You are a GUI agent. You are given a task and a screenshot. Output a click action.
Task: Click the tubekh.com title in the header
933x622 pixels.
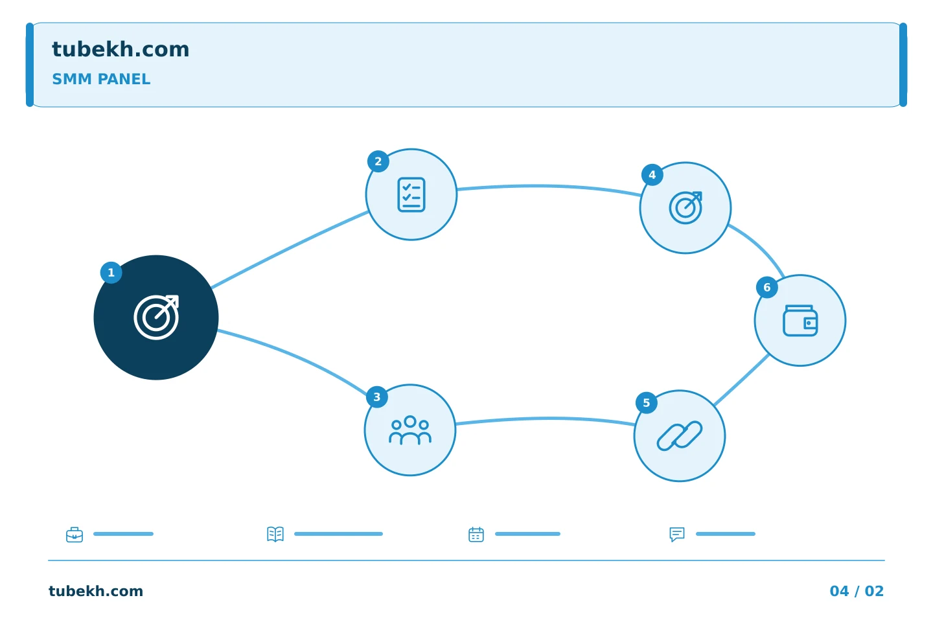121,50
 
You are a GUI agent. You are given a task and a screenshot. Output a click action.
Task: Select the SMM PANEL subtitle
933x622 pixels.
101,79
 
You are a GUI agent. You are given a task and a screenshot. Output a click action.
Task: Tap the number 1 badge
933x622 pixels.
111,273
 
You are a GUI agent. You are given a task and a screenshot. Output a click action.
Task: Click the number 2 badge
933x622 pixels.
378,161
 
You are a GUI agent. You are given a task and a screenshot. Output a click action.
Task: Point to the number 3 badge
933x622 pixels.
377,397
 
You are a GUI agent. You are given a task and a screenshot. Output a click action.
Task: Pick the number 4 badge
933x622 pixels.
652,175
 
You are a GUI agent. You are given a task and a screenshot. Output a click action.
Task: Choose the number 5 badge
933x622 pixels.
647,403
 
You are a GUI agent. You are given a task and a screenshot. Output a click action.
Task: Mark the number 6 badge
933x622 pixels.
767,288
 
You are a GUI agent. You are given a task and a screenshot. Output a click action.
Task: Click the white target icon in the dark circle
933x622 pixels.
156,317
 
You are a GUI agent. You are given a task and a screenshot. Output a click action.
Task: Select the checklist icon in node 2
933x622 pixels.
411,194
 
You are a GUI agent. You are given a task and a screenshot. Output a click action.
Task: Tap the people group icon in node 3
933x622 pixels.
410,430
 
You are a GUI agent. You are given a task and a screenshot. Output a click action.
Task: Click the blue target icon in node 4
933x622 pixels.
685,208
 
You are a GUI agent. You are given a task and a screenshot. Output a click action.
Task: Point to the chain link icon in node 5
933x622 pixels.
680,436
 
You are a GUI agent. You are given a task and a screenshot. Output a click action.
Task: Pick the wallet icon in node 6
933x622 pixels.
800,320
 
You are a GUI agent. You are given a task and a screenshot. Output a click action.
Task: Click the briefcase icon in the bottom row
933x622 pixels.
75,535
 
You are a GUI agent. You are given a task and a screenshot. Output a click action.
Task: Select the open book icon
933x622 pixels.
275,534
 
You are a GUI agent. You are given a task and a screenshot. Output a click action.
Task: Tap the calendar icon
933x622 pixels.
476,535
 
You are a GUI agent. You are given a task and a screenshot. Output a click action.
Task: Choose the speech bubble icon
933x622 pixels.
677,535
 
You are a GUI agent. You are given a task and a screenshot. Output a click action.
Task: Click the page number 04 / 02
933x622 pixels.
857,591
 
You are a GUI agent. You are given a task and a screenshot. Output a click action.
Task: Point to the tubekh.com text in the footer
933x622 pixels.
96,591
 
